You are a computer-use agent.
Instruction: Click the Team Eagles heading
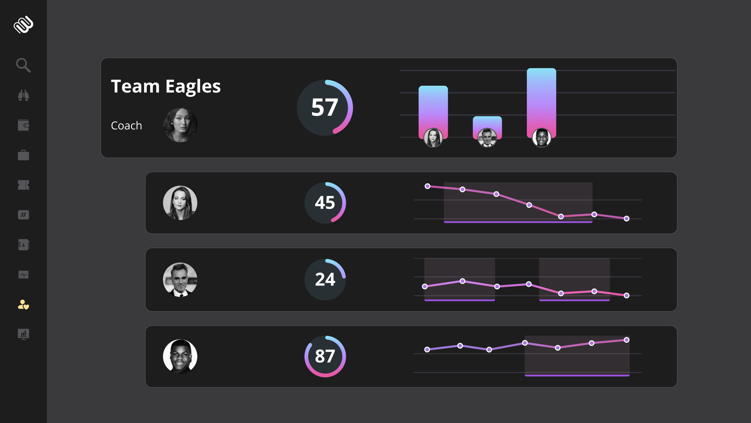(x=166, y=87)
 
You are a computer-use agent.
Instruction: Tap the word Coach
(x=126, y=126)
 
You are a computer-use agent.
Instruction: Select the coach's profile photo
(x=180, y=125)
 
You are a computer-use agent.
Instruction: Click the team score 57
(x=325, y=107)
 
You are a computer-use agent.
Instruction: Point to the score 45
(x=325, y=202)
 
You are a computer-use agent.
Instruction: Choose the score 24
(x=325, y=279)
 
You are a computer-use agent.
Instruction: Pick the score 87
(x=325, y=356)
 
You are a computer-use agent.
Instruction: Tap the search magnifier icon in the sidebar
(x=23, y=65)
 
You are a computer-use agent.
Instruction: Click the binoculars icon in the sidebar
(x=23, y=95)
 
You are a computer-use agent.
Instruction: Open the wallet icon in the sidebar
(x=23, y=125)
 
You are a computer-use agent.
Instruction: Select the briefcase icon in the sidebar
(x=23, y=155)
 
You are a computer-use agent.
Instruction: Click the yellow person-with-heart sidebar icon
(x=23, y=305)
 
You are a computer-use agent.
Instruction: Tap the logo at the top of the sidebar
(x=23, y=25)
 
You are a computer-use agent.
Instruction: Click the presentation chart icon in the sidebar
(x=23, y=334)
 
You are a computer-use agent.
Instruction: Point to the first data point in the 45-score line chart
(x=428, y=186)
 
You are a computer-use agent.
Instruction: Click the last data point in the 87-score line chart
(x=627, y=340)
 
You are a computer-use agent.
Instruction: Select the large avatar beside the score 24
(x=180, y=280)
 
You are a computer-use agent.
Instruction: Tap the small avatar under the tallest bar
(x=542, y=138)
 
